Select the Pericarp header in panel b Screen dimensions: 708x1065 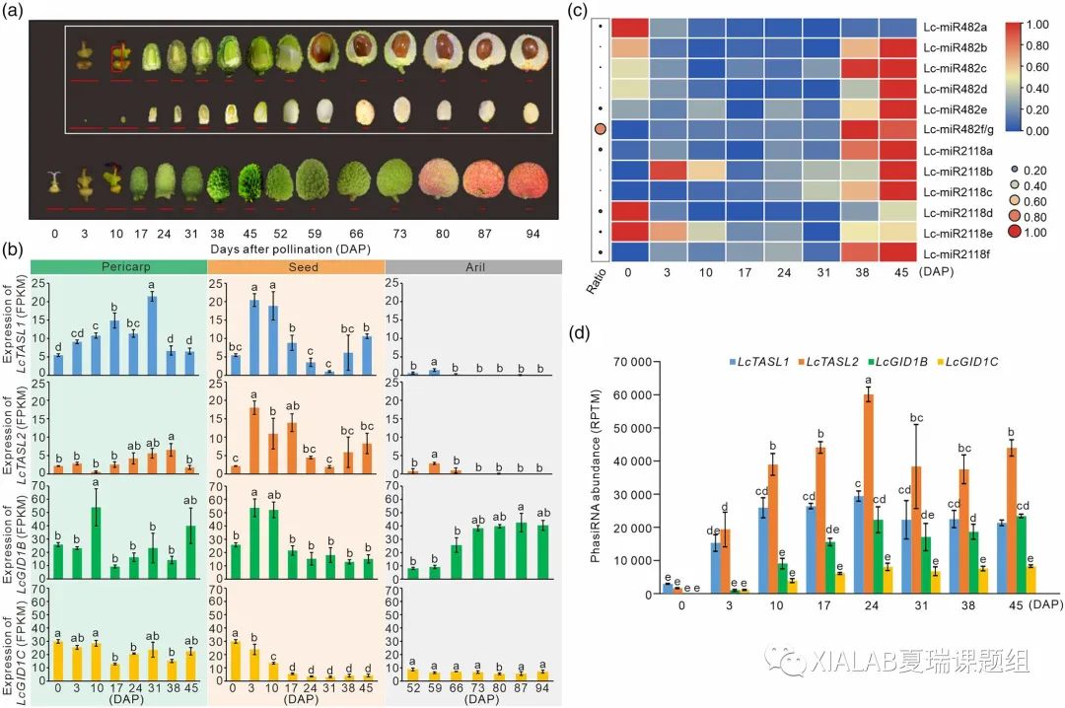coord(117,266)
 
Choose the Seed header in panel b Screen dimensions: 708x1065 coord(295,266)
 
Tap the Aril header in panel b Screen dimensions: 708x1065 coord(472,266)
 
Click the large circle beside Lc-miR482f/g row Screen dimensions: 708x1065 coord(601,130)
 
